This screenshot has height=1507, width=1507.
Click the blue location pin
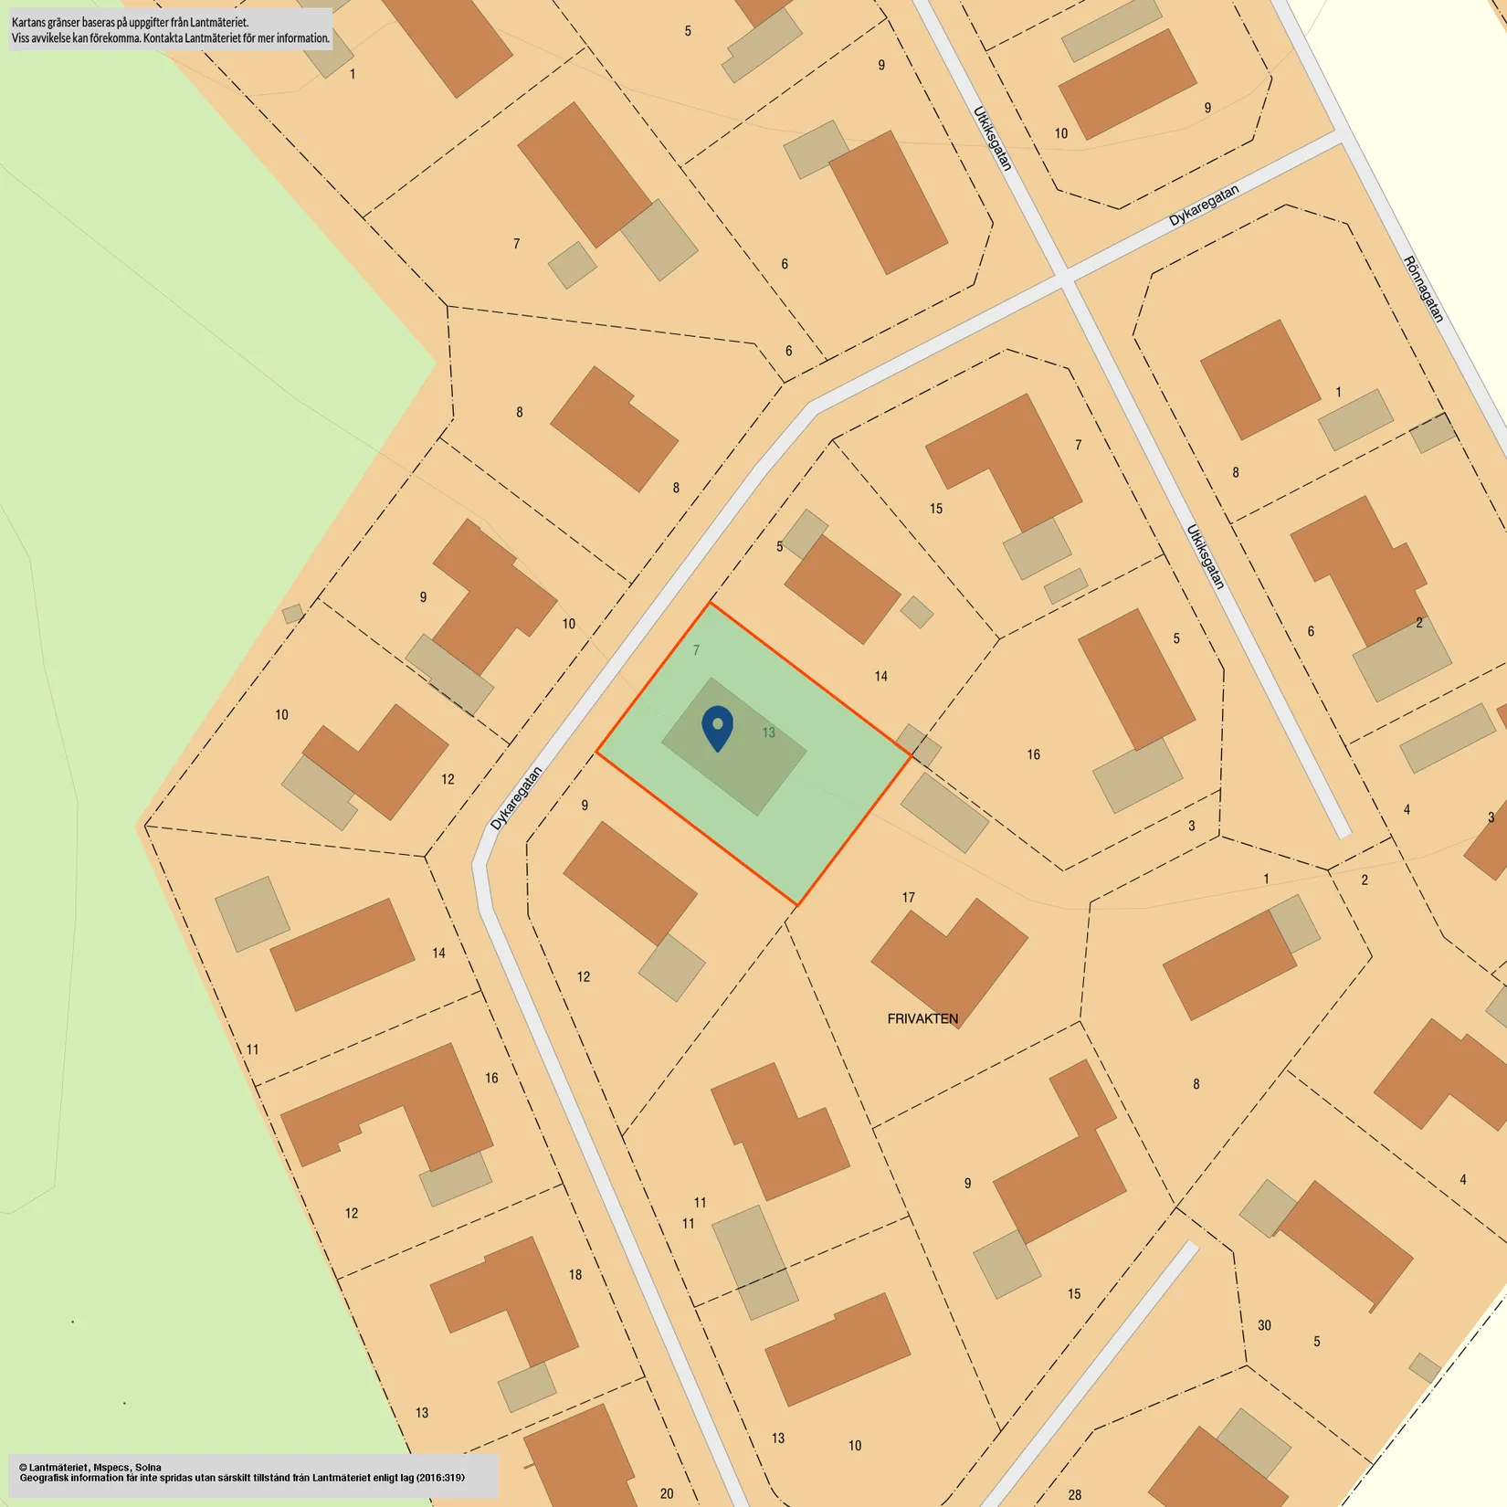[717, 728]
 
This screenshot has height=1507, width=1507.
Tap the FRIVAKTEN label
[922, 1018]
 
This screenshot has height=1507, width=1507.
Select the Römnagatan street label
[1424, 289]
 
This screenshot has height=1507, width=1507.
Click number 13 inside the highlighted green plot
[768, 732]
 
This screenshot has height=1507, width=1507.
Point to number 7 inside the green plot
[696, 650]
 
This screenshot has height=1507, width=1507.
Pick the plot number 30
[1264, 1325]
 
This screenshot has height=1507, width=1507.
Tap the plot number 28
[1075, 1495]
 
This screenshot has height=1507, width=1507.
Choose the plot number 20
[667, 1493]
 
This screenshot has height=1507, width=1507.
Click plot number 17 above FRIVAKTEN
[908, 898]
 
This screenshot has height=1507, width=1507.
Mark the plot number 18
[575, 1274]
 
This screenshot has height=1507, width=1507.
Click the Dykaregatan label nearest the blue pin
[516, 798]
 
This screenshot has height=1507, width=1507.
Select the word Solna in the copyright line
[148, 1467]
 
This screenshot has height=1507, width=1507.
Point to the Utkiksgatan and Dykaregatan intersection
[1065, 276]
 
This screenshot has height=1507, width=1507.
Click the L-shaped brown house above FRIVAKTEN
[950, 959]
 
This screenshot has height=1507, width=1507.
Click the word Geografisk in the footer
[47, 1478]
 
